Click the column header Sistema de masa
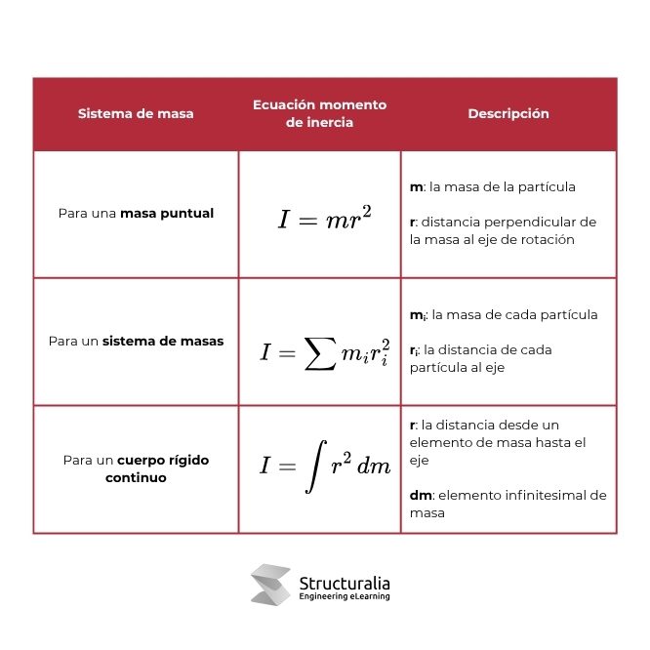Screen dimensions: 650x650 click(x=136, y=113)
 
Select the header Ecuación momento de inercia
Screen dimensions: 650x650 click(x=319, y=113)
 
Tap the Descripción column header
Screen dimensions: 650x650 click(x=508, y=113)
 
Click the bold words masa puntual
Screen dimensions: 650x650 click(x=167, y=213)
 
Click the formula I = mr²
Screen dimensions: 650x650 click(x=324, y=218)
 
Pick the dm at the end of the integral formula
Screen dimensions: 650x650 click(x=374, y=467)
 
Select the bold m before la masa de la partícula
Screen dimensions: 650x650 click(x=415, y=186)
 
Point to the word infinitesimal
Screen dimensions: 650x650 click(x=544, y=495)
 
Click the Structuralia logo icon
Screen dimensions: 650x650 click(x=270, y=585)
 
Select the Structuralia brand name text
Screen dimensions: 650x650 click(x=344, y=583)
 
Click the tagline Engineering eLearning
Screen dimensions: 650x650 click(x=344, y=597)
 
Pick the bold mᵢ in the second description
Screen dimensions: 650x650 click(x=417, y=315)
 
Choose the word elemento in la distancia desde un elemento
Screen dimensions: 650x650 click(x=436, y=442)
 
